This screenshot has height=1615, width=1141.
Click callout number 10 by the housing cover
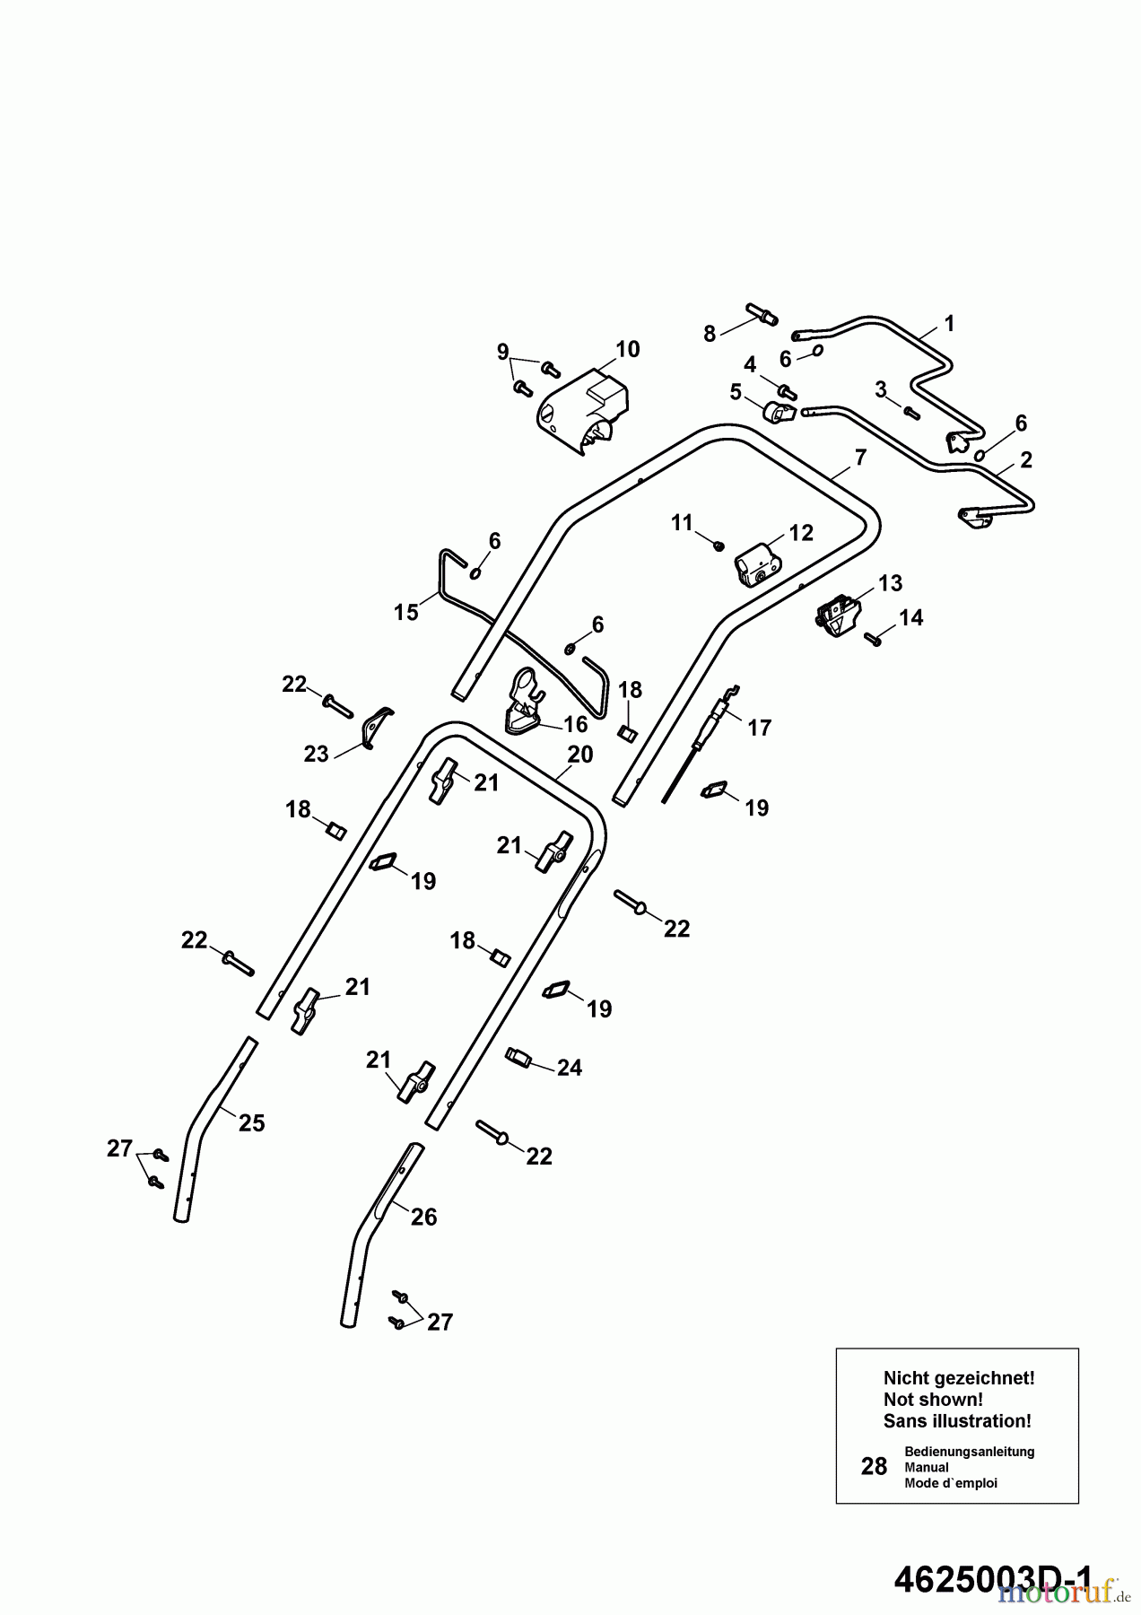(627, 349)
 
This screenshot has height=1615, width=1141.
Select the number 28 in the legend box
(874, 1466)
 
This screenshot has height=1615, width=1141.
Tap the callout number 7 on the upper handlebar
(860, 458)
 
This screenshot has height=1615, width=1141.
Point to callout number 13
(890, 583)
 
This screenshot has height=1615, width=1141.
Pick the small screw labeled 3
(911, 412)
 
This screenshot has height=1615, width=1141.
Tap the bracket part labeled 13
(839, 616)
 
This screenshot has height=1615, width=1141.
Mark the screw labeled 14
(874, 638)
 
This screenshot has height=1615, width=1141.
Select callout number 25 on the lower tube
(252, 1122)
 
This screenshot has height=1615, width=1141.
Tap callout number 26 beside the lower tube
(423, 1217)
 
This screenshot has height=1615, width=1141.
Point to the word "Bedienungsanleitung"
(969, 1451)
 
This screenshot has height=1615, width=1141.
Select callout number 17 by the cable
(759, 728)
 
